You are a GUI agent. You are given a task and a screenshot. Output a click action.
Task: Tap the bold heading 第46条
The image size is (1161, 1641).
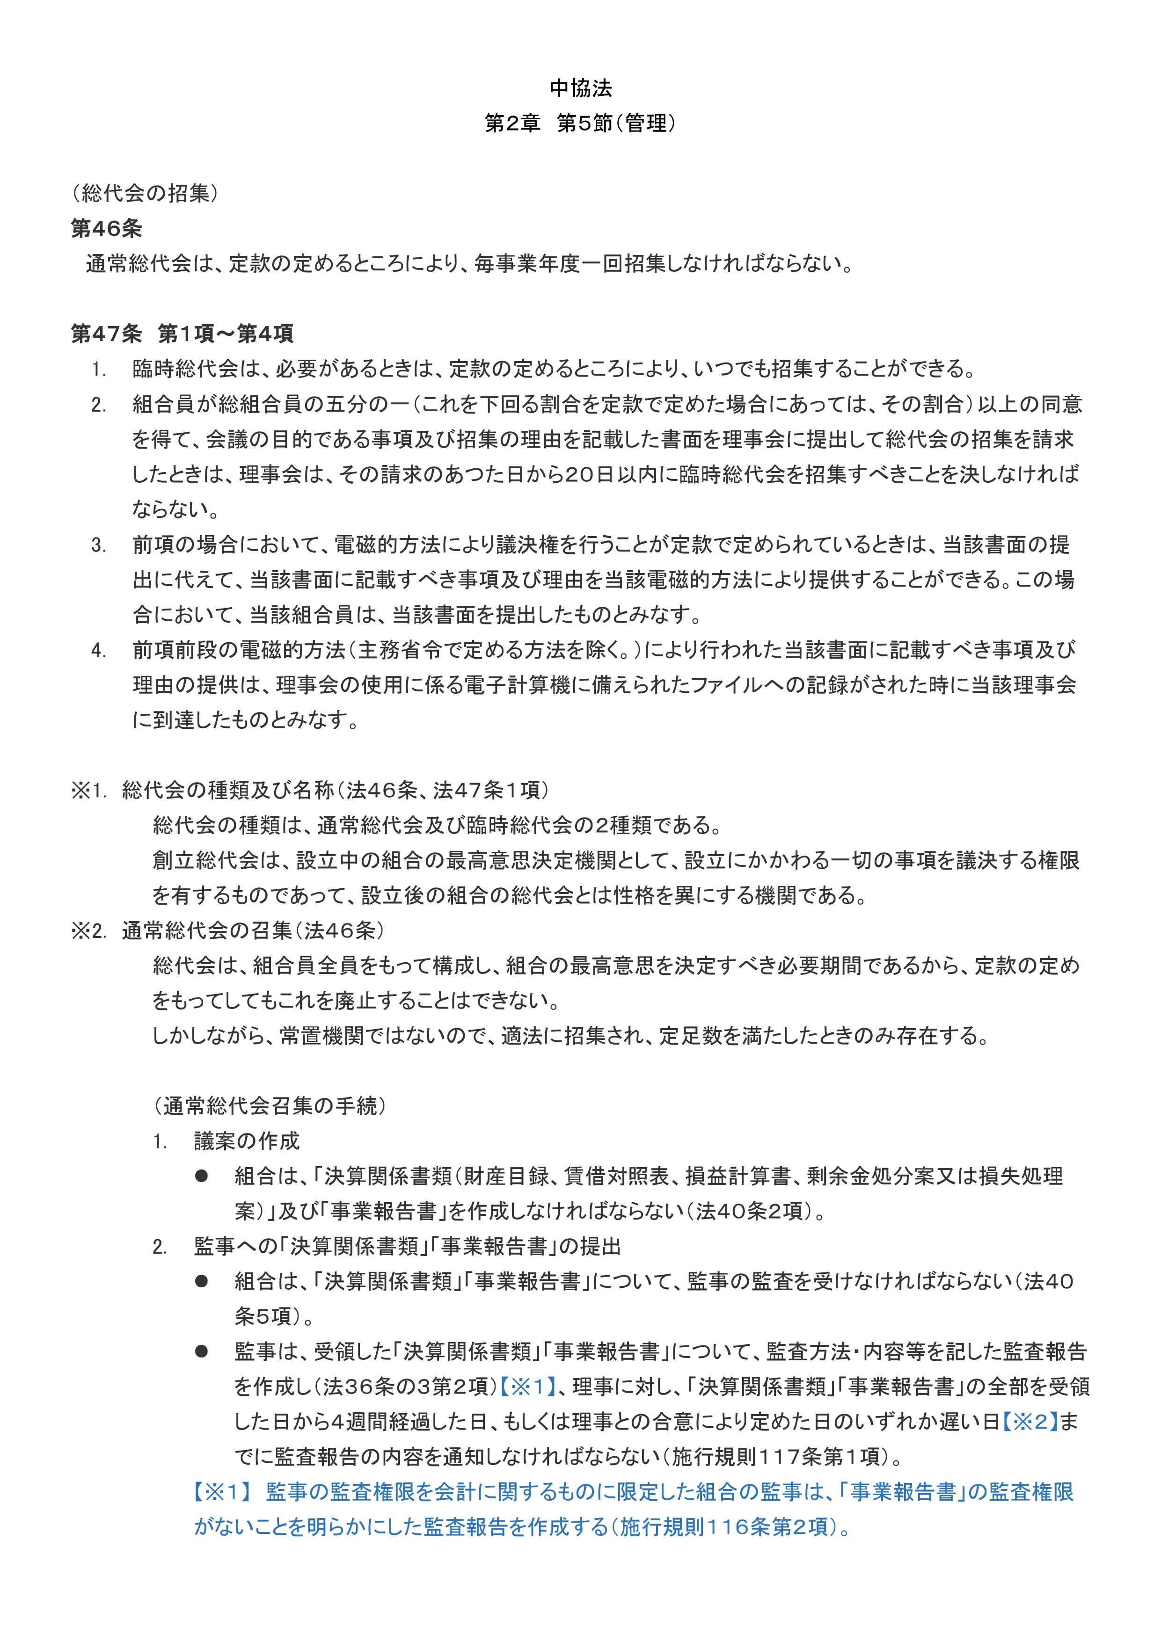[x=107, y=229]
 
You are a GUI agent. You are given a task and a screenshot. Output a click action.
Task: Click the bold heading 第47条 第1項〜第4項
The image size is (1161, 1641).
[x=183, y=334]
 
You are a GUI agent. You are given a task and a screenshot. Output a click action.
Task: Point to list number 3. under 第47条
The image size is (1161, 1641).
[x=99, y=546]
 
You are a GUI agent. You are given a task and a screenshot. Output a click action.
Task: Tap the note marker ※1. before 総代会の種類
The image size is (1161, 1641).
[x=88, y=791]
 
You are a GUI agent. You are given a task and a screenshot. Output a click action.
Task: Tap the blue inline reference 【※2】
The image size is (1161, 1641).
[x=1029, y=1422]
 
